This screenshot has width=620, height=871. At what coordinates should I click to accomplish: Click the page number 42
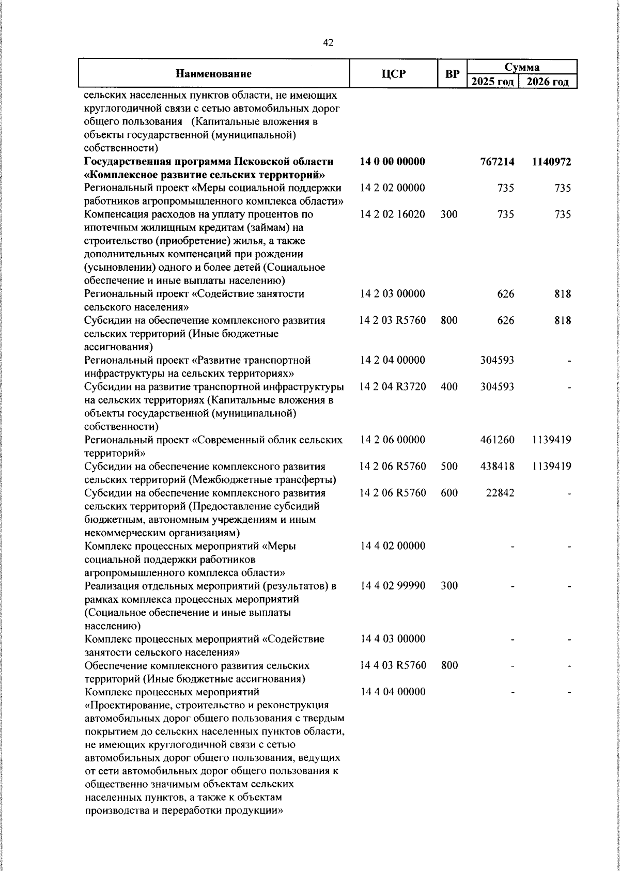tap(328, 43)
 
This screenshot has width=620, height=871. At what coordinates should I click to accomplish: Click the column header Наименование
tap(213, 74)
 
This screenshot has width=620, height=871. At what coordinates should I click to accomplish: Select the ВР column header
tap(452, 74)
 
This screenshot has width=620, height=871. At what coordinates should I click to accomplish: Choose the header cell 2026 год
tap(548, 82)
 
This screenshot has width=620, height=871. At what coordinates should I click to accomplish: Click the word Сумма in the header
tap(522, 67)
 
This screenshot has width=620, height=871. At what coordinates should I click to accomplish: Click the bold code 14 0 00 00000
tap(393, 162)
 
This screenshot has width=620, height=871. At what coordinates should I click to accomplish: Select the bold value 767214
tap(498, 162)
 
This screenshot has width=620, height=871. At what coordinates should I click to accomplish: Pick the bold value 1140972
tap(551, 162)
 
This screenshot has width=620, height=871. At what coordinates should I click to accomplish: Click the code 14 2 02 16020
tap(393, 214)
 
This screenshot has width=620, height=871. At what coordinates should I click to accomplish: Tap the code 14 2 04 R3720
tap(393, 386)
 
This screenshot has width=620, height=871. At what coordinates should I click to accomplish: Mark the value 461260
tap(498, 440)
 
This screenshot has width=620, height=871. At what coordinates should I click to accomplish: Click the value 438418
tap(498, 466)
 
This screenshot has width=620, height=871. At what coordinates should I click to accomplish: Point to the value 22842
tap(500, 493)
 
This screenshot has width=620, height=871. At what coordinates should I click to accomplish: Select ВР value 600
tap(450, 493)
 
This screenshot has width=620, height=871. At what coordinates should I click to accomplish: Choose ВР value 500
tap(450, 466)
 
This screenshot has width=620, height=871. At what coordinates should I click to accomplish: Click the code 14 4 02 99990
tap(393, 585)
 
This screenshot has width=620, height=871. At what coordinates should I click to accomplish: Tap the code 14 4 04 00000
tap(393, 691)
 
